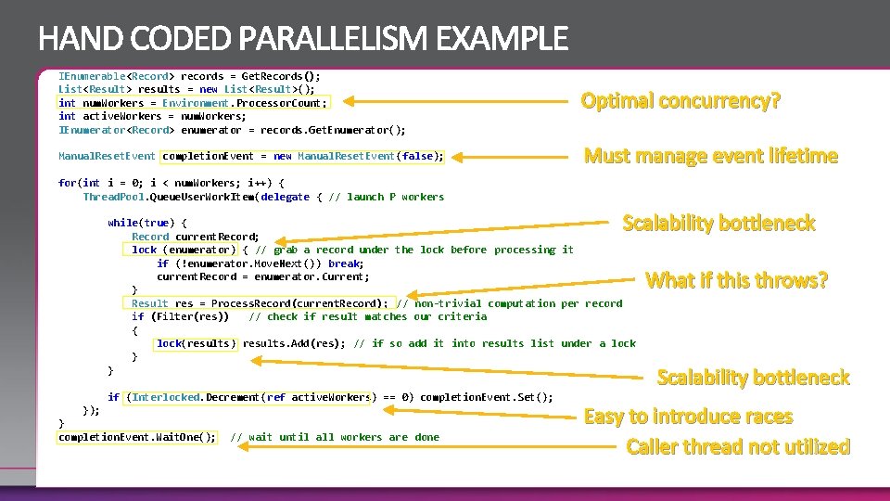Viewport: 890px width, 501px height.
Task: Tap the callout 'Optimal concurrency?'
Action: click(x=680, y=100)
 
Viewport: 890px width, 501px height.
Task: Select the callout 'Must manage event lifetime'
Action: click(x=710, y=156)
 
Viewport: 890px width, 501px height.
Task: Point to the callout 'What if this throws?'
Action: click(x=736, y=279)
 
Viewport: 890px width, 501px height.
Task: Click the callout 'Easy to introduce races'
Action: click(x=688, y=417)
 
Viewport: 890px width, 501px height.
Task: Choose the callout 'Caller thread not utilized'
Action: click(x=738, y=446)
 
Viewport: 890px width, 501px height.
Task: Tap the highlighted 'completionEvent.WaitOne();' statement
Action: click(x=137, y=437)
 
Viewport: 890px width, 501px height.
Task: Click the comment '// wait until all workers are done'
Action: click(x=334, y=437)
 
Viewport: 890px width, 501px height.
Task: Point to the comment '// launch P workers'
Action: click(x=387, y=197)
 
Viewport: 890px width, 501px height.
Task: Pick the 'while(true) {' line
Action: click(x=146, y=223)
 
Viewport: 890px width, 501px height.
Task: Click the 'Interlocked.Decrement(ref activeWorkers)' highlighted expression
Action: click(x=248, y=397)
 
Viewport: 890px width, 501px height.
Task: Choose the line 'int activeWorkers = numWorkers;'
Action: click(x=152, y=116)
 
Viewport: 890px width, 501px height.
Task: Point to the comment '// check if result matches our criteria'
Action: click(x=367, y=316)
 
